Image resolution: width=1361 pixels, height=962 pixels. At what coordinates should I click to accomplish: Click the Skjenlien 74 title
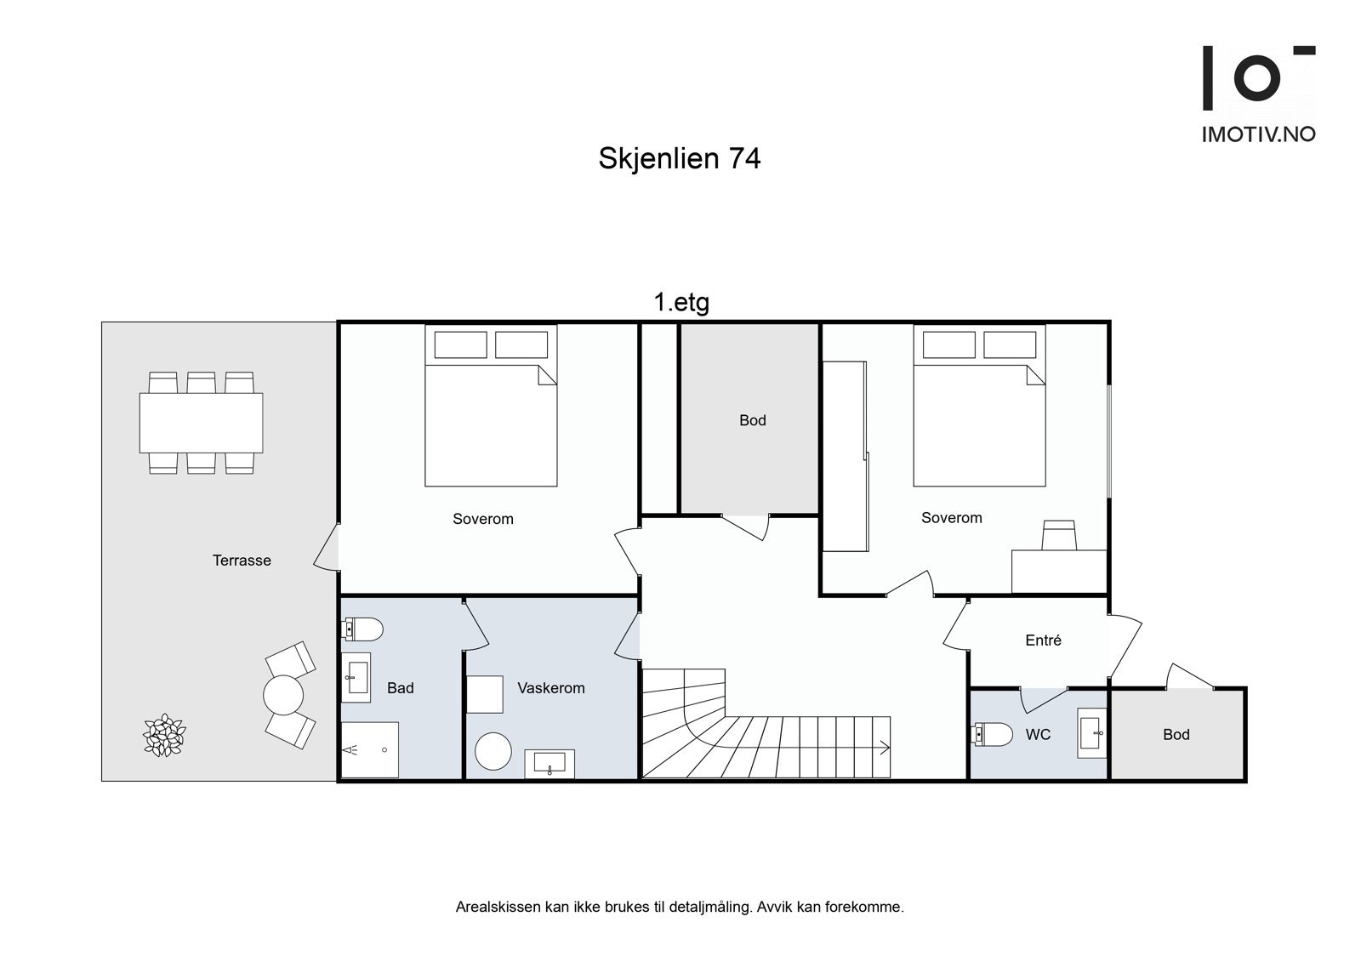tap(680, 159)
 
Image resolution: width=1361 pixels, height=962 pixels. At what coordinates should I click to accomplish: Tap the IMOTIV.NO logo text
tap(1259, 134)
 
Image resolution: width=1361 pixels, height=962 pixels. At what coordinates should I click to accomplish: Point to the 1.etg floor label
tap(681, 302)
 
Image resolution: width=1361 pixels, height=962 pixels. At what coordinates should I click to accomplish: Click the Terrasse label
tap(242, 561)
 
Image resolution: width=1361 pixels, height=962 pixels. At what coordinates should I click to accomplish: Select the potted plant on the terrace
tap(164, 736)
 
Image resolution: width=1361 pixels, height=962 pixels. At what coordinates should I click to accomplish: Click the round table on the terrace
tap(283, 695)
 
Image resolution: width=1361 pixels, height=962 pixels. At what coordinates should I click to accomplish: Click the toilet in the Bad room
tap(362, 629)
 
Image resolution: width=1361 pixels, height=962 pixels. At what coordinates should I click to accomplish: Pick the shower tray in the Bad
tap(370, 750)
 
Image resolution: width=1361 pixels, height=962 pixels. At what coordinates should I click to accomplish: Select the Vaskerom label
tap(551, 688)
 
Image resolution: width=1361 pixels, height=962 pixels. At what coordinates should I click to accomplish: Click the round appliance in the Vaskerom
tap(493, 751)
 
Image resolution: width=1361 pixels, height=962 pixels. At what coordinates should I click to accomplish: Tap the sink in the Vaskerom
tap(550, 763)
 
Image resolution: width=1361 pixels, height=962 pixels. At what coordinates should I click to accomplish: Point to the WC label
tap(1038, 735)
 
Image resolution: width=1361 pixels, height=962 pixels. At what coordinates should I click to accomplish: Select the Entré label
tap(1043, 640)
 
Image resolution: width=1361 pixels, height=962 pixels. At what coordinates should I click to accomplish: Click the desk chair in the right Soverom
tap(1059, 535)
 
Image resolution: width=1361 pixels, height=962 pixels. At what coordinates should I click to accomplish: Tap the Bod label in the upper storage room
tap(752, 420)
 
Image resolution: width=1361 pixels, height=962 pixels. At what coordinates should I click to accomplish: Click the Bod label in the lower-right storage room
tap(1176, 735)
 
